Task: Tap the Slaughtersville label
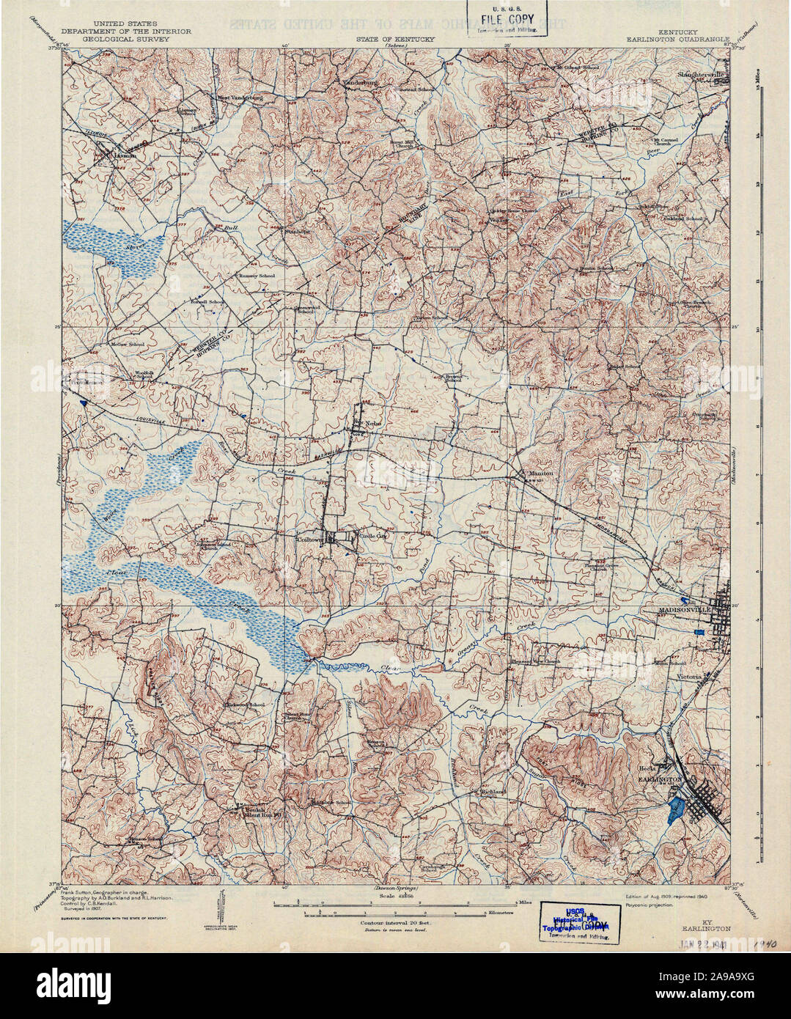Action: coord(700,75)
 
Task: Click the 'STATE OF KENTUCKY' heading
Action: coord(396,40)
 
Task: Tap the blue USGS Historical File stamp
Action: coord(579,922)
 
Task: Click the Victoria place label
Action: coord(689,677)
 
